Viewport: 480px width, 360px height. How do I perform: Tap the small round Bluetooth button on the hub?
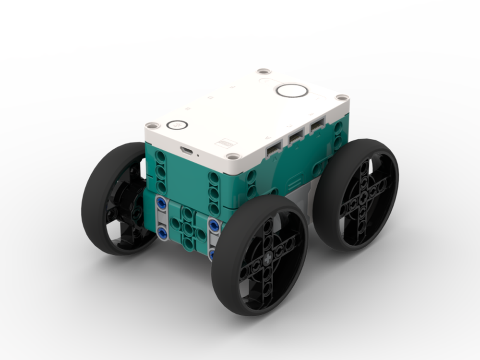tap(177, 125)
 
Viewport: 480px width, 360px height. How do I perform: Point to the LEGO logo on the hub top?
tap(225, 144)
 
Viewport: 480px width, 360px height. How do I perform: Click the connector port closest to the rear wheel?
tap(317, 128)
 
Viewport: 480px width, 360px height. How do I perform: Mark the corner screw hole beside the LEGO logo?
tap(233, 156)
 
